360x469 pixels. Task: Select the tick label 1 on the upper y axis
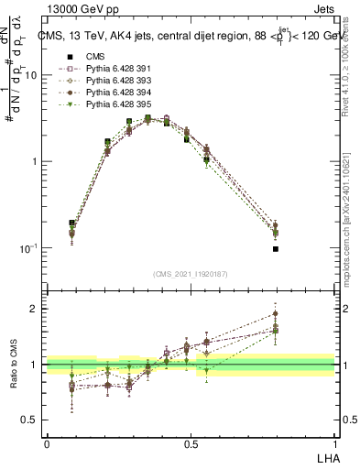point(34,162)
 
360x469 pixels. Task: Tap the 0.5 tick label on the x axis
point(191,442)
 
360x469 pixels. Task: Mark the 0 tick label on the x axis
point(47,442)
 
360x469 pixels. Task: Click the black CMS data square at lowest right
point(276,248)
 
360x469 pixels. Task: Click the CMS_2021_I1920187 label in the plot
point(191,274)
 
